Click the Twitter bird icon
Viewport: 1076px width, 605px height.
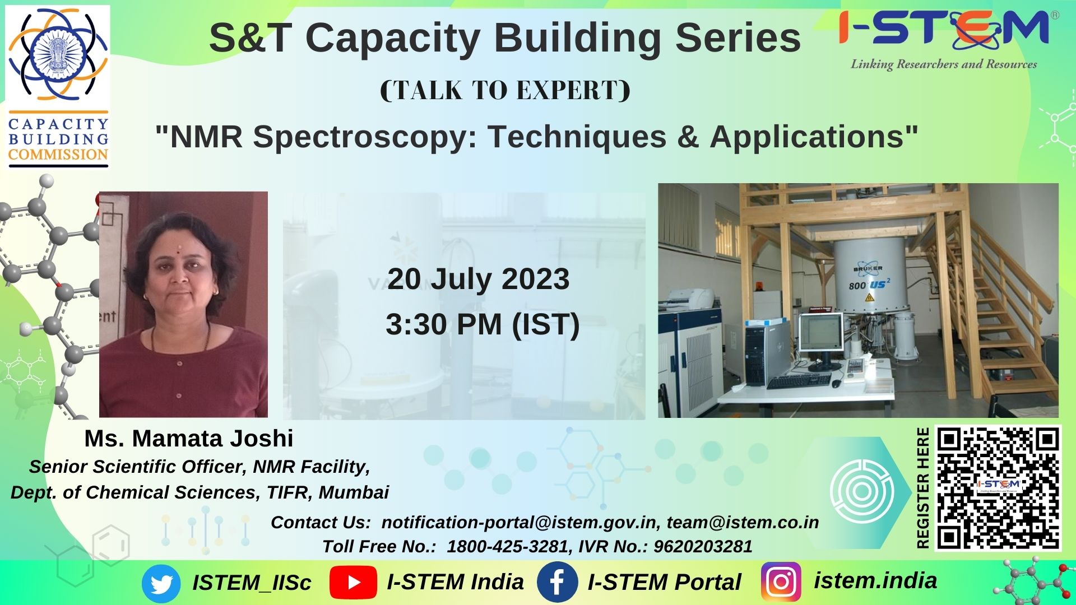pyautogui.click(x=161, y=584)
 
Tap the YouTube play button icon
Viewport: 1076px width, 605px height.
pyautogui.click(x=353, y=583)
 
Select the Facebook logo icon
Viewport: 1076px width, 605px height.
pyautogui.click(x=557, y=582)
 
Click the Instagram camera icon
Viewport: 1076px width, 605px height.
pyautogui.click(x=781, y=582)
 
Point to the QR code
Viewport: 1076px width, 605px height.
pyautogui.click(x=998, y=488)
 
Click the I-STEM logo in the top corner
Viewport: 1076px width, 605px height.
pyautogui.click(x=944, y=39)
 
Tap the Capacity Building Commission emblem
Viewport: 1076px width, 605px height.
pyautogui.click(x=58, y=86)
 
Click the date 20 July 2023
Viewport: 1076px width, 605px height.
pyautogui.click(x=478, y=279)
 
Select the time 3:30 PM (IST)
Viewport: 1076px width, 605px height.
pyautogui.click(x=483, y=324)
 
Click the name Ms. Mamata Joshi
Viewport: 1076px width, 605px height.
pyautogui.click(x=189, y=439)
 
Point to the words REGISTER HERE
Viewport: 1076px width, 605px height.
pyautogui.click(x=922, y=488)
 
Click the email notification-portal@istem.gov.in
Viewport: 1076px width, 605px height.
pyautogui.click(x=519, y=522)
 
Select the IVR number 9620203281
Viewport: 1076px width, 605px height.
pyautogui.click(x=703, y=546)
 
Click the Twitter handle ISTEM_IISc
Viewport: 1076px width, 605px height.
pyautogui.click(x=252, y=583)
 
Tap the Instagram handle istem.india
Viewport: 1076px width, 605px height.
pyautogui.click(x=875, y=581)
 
